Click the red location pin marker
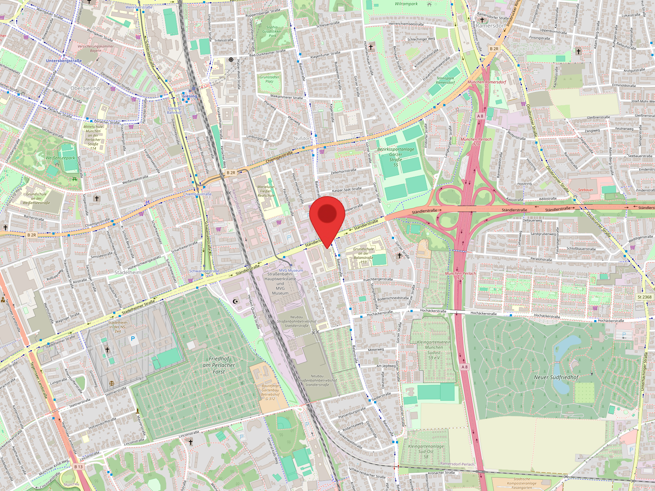coord(327,215)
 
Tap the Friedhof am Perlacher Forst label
coord(219,365)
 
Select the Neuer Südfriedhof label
coord(556,378)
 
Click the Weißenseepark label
coord(60,158)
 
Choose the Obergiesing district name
coord(85,88)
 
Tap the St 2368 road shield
coord(644,297)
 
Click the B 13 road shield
coord(78,467)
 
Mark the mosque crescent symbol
coord(235,302)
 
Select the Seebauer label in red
coord(585,190)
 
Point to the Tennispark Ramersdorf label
coord(445,80)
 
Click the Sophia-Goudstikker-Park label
coord(272,31)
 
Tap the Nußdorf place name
coord(303,139)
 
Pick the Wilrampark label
coord(406,4)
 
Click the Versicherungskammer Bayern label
coord(96,48)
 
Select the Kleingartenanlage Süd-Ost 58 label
coord(426,451)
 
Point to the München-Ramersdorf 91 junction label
coord(487,84)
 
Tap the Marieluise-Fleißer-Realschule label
coord(266,191)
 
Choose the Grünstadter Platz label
coord(269,79)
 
